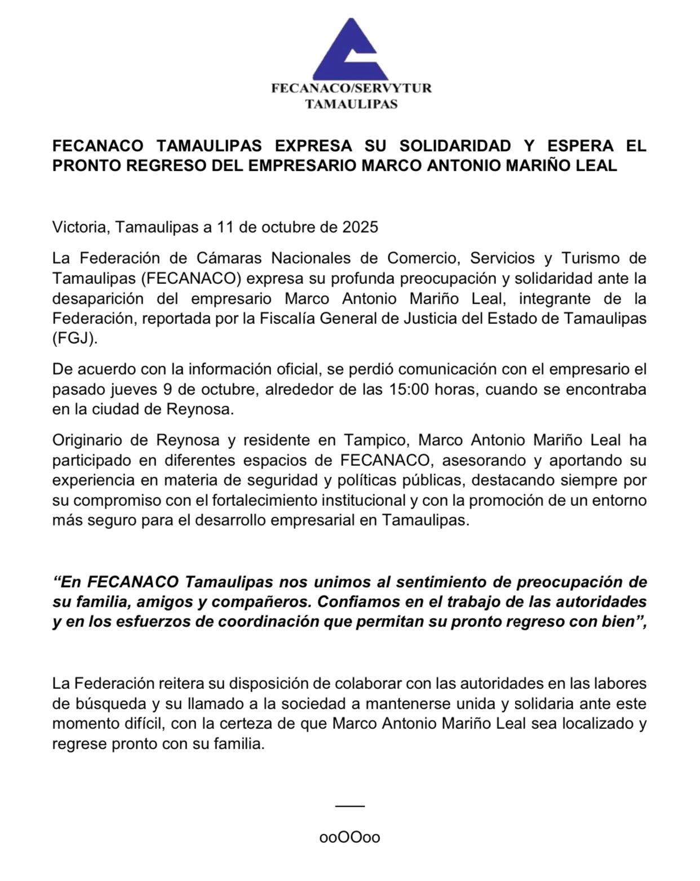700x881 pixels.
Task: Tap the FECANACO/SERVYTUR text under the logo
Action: [x=351, y=88]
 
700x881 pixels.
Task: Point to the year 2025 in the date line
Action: [x=361, y=227]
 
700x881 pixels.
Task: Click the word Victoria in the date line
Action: [x=81, y=227]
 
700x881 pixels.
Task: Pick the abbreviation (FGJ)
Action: [x=74, y=338]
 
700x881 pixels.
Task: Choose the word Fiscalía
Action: [x=286, y=318]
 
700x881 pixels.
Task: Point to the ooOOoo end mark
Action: [x=349, y=837]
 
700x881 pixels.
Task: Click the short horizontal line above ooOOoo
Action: [x=349, y=806]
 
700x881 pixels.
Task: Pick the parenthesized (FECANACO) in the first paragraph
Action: [x=192, y=278]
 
